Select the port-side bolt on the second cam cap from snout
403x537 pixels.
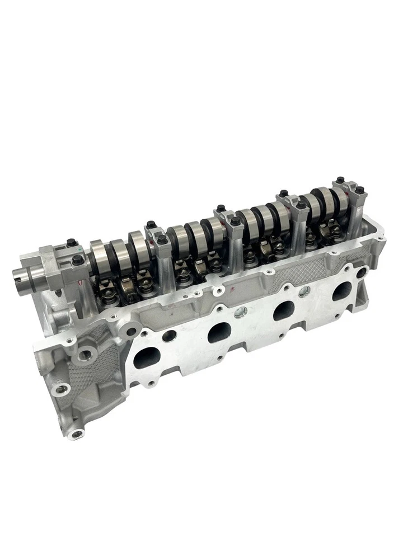(x=163, y=240)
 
